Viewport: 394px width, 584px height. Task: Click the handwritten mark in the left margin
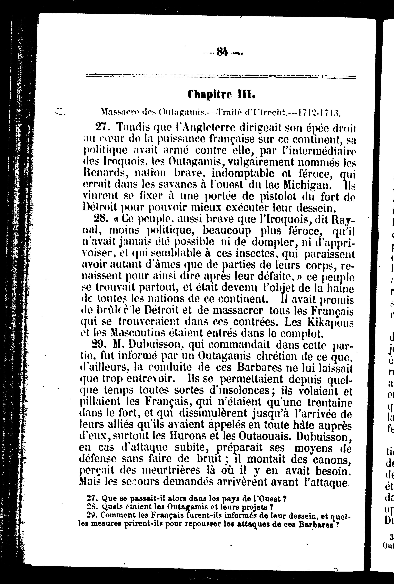(x=60, y=111)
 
